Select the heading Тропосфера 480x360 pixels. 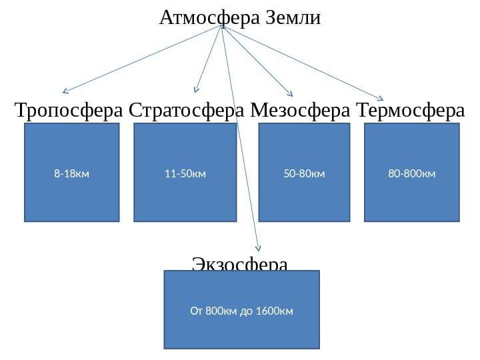69,109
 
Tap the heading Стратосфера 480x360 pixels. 188,109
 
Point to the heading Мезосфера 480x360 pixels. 301,109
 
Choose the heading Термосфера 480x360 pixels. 411,109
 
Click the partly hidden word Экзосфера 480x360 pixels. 240,264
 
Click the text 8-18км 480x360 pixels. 71,174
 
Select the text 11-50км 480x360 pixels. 185,174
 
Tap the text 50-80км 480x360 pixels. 304,174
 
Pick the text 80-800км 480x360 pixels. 411,174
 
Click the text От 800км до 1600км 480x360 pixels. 242,311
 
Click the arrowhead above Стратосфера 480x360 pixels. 196,89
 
